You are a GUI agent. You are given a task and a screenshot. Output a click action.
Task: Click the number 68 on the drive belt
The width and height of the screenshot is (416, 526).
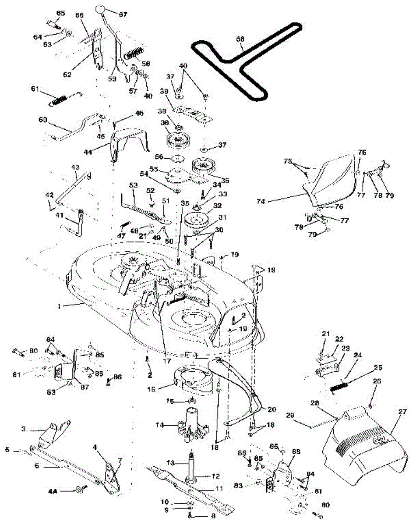240,39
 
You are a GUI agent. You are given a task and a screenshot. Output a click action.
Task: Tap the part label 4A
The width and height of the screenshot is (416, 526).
52,492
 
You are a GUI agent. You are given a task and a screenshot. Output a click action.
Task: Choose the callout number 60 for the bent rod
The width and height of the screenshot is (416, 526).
42,119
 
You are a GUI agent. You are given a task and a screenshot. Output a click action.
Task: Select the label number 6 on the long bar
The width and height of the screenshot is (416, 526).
37,466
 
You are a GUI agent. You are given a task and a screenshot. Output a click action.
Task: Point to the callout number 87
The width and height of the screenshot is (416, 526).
79,381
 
